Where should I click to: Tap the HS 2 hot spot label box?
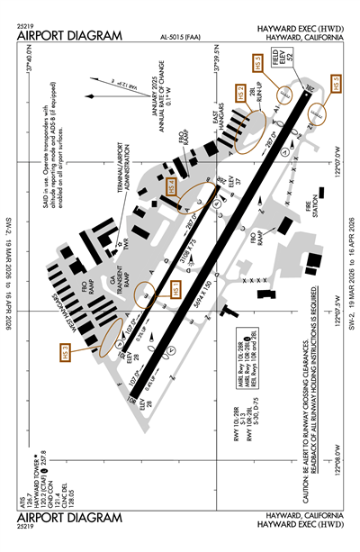tap(240, 92)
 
